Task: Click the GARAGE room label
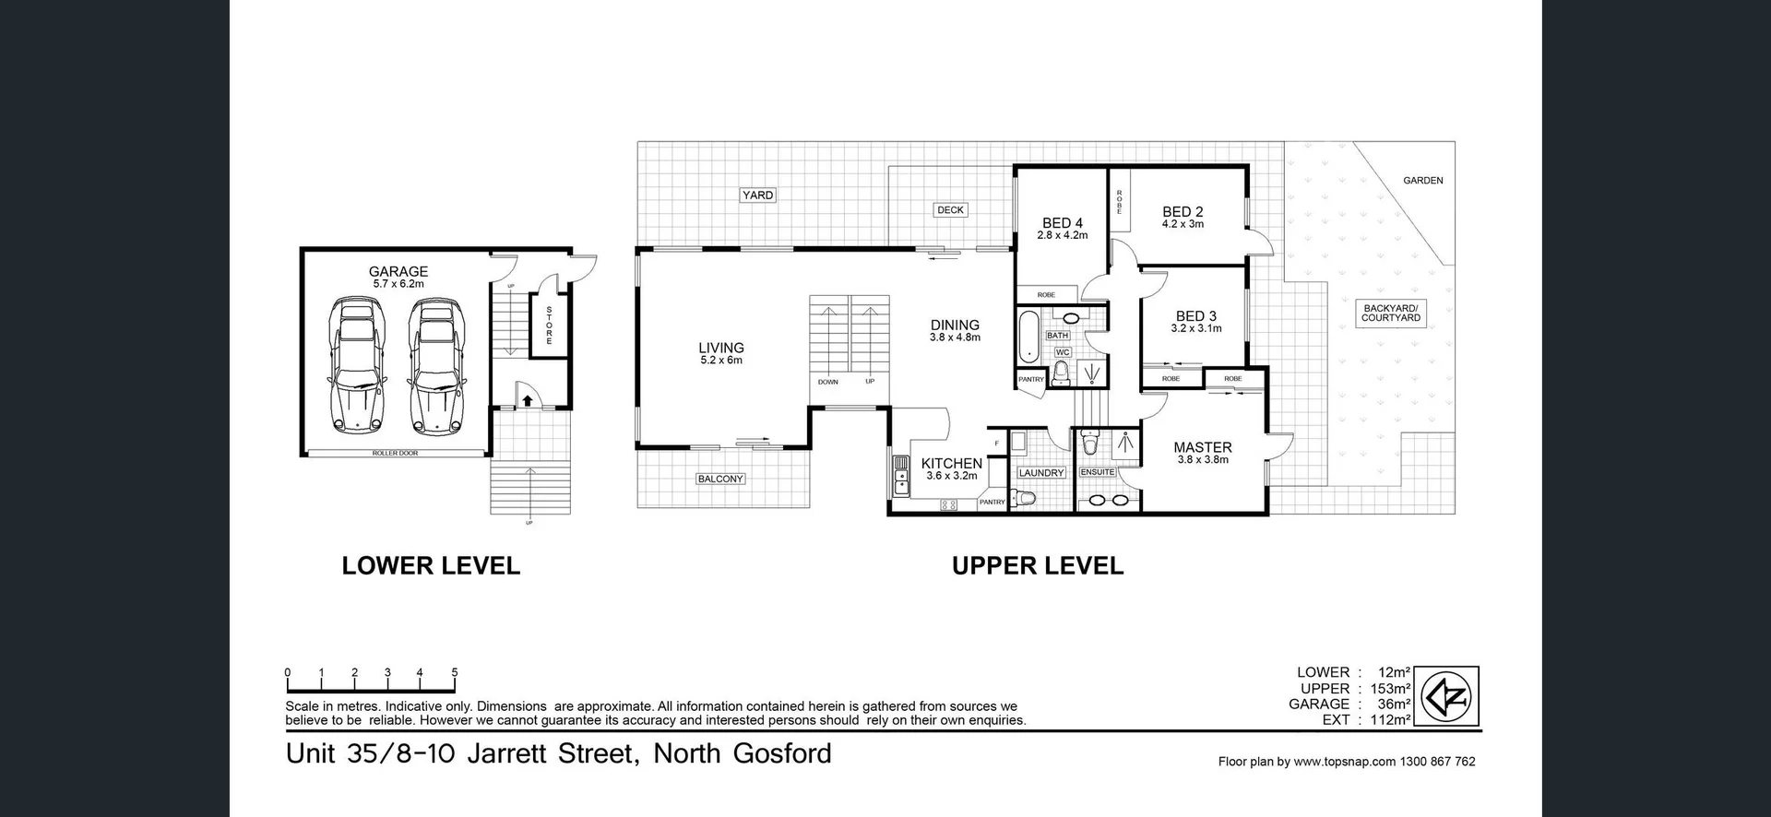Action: pos(398,271)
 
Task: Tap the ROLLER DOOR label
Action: pos(395,454)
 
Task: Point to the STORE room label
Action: pos(550,326)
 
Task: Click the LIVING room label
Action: pos(720,348)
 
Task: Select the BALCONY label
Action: pos(720,479)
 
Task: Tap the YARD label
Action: pos(757,195)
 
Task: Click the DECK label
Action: pos(950,210)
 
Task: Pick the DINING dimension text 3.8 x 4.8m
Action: pos(955,337)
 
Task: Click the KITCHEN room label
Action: pos(951,463)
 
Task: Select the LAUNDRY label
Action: pos(1041,473)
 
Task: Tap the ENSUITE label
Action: pos(1097,472)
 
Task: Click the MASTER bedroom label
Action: pos(1202,447)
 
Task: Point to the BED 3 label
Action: pos(1195,316)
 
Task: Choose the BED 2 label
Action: pos(1183,211)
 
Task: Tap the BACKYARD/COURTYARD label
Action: pos(1391,313)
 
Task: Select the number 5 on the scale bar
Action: pos(454,673)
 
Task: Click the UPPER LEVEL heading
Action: pos(1037,565)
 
